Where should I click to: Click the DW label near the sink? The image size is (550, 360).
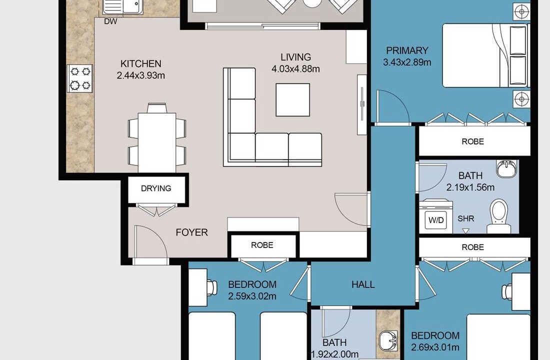click(110, 21)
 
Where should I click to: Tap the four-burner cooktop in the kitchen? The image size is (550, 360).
click(80, 78)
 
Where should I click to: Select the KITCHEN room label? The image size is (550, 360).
click(140, 64)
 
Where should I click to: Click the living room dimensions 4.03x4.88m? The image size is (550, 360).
click(295, 69)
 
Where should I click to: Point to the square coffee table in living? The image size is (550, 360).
click(293, 99)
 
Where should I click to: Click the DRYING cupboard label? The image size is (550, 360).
click(156, 188)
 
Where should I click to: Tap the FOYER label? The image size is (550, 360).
click(191, 232)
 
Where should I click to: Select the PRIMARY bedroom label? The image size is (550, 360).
click(407, 50)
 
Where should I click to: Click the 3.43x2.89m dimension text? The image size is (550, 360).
click(407, 62)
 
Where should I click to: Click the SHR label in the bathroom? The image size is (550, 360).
click(466, 218)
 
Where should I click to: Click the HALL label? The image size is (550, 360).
click(363, 284)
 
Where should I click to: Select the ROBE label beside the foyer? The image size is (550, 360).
click(262, 245)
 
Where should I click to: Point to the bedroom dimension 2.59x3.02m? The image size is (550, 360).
click(252, 296)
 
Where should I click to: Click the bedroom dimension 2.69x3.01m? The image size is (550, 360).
click(435, 347)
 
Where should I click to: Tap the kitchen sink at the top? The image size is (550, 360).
click(122, 7)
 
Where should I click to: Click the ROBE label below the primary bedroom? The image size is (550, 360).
click(473, 141)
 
